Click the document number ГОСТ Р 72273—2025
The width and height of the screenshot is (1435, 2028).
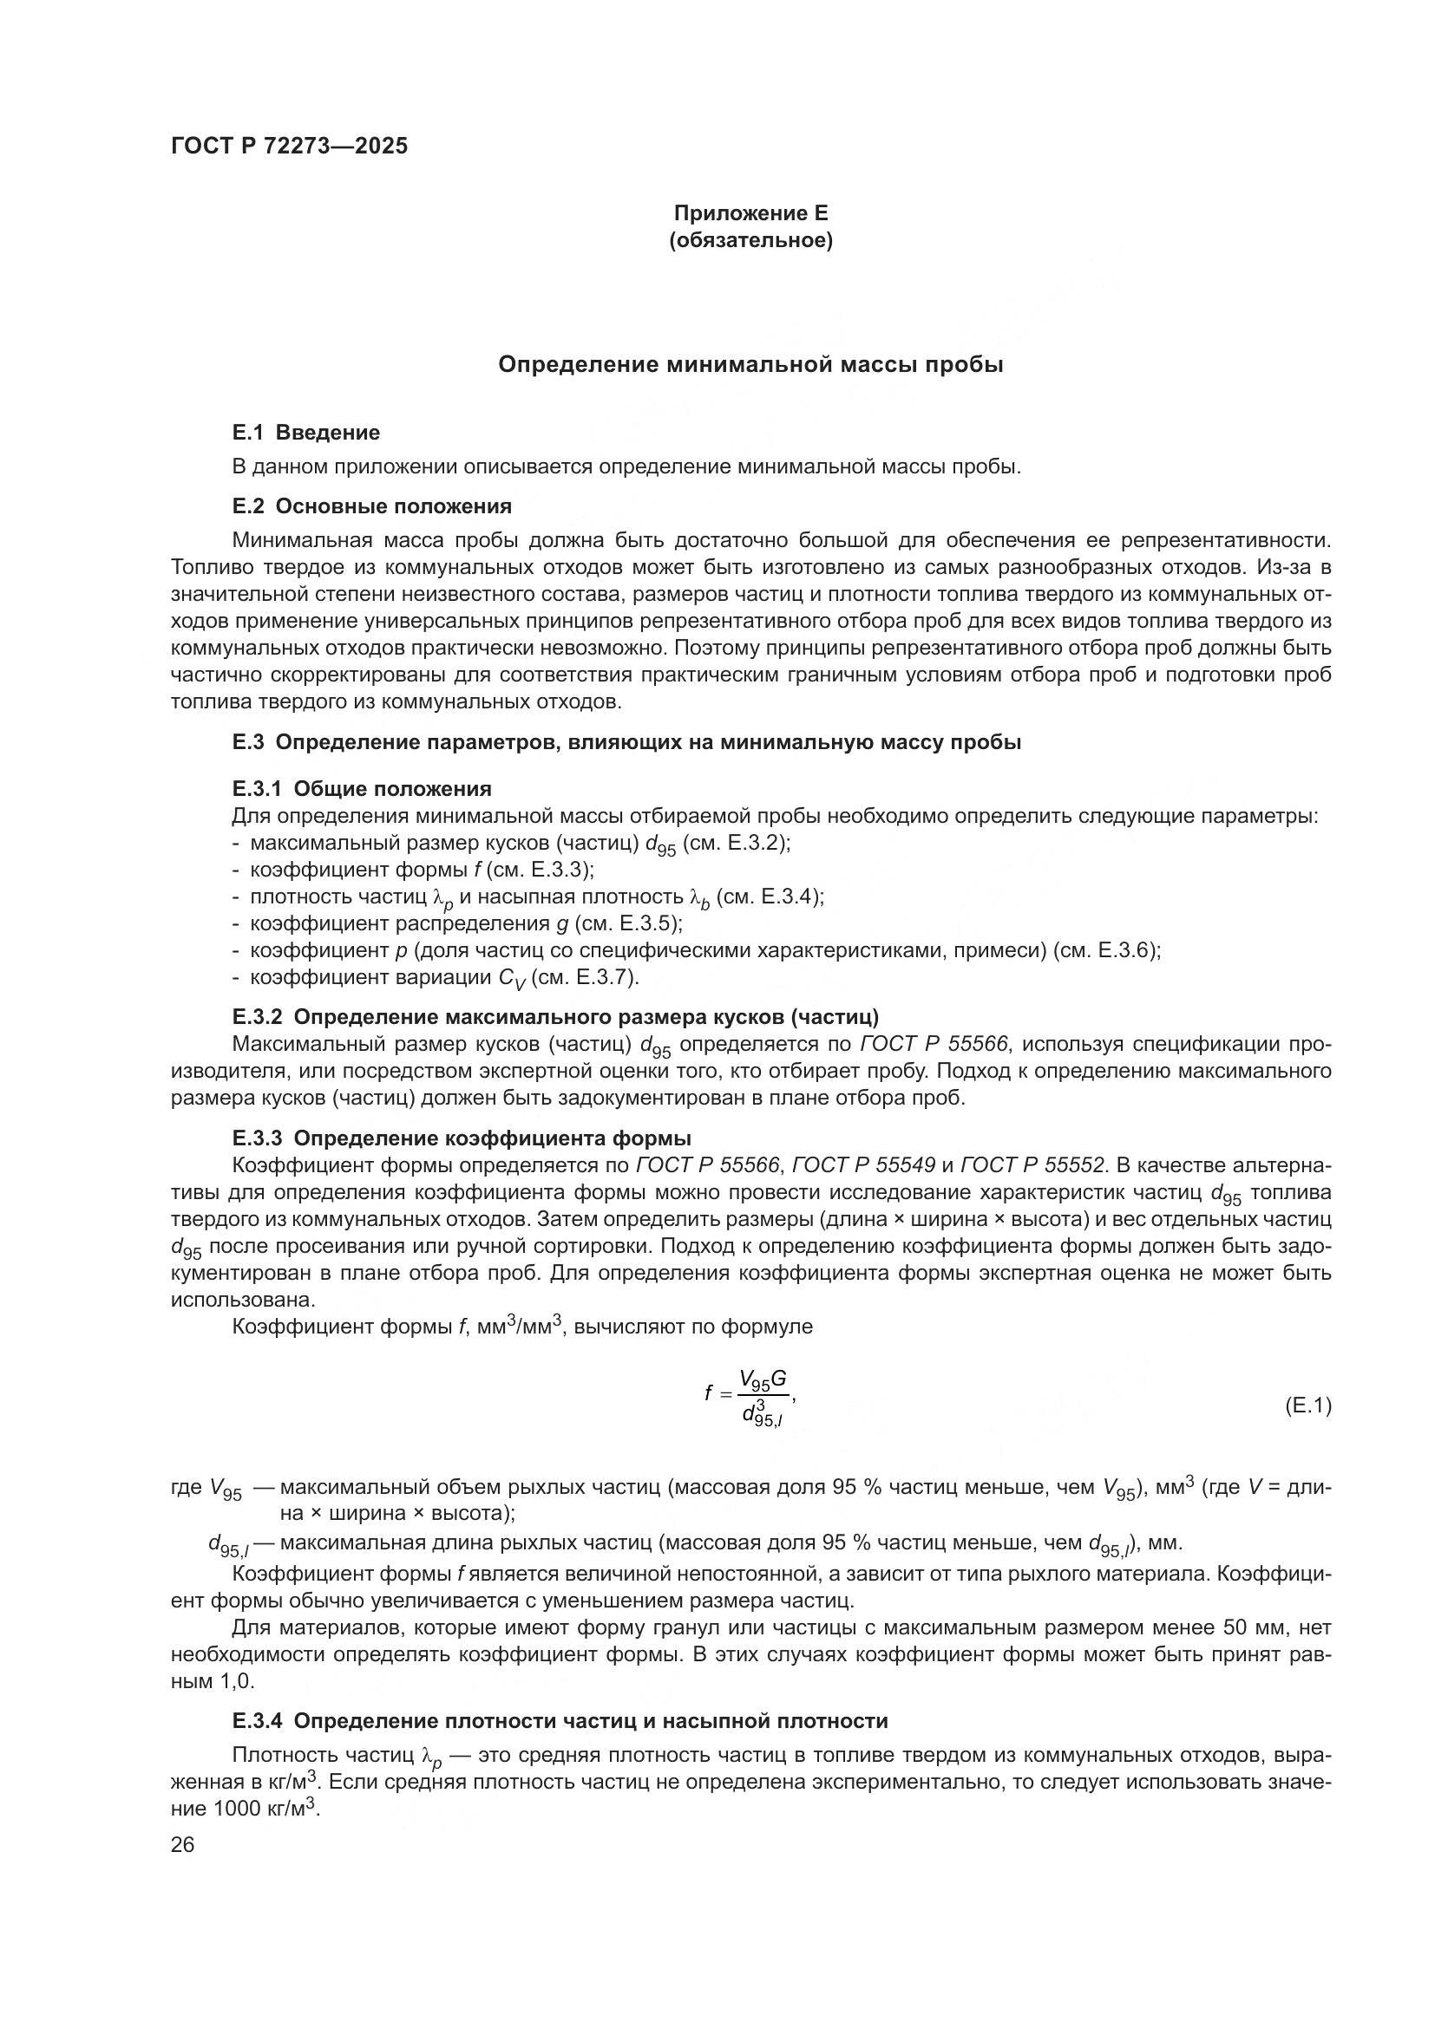[x=289, y=147]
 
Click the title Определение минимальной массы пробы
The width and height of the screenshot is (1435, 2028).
[x=750, y=365]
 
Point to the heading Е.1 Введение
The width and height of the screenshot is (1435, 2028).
[x=305, y=433]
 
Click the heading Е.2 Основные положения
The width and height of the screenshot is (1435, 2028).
[x=371, y=506]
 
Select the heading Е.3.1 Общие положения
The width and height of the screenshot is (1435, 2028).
[x=362, y=788]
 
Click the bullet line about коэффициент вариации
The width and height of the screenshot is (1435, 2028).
[x=437, y=978]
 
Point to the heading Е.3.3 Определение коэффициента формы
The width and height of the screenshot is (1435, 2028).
[x=462, y=1138]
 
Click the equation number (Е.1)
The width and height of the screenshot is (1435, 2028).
[x=1307, y=1405]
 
